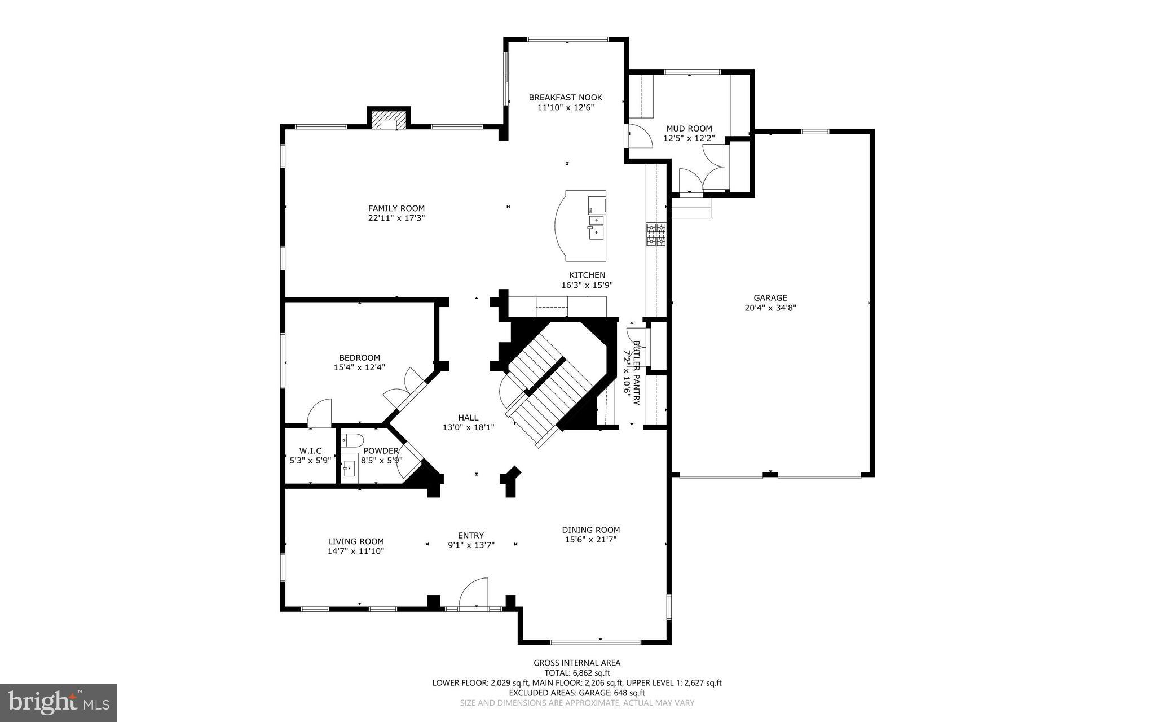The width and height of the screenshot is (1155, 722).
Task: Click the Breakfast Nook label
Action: (x=565, y=97)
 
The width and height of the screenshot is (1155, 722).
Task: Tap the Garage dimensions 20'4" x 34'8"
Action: (x=770, y=308)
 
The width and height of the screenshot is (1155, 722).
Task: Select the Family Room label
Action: (x=396, y=208)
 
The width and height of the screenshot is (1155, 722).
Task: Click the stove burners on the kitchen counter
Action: (x=656, y=234)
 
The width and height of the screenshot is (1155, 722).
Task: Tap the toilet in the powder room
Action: (x=354, y=439)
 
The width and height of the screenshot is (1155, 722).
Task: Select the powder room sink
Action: (x=350, y=468)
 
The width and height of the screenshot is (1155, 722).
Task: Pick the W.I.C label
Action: (x=310, y=450)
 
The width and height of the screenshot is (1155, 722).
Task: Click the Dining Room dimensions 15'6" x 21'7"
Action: (x=590, y=539)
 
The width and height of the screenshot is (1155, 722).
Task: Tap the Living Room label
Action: (x=355, y=541)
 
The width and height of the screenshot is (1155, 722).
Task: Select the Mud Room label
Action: (x=689, y=128)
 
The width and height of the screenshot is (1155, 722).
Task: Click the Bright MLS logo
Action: (x=58, y=702)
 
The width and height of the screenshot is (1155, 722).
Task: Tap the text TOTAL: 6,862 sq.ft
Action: (x=577, y=672)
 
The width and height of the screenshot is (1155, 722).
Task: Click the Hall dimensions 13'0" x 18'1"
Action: (x=468, y=427)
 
